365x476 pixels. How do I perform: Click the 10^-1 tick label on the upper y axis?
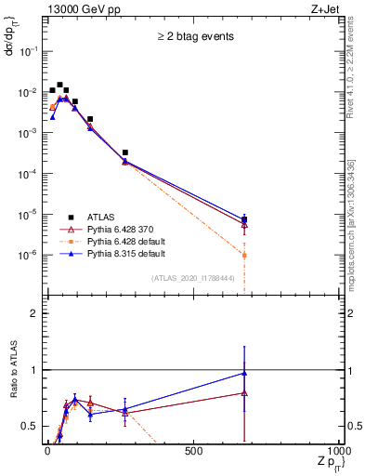pos(29,52)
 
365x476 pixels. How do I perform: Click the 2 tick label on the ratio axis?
pos(34,313)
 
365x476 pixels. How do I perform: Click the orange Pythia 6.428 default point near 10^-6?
pos(244,255)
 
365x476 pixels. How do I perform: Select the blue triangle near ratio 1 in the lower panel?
pos(244,373)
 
